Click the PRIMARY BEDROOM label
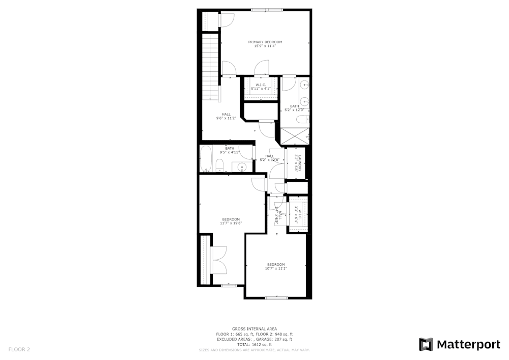coord(265,42)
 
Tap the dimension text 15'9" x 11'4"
coord(265,46)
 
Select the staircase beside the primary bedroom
coord(210,66)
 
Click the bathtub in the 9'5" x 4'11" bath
coord(205,159)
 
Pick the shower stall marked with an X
coord(295,136)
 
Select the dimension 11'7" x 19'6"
coord(231,223)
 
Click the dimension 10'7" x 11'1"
coord(276,269)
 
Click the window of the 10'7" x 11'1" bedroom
coord(277,298)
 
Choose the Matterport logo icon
coord(426,345)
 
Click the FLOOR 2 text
coord(19,349)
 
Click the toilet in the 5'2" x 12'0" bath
coord(301,120)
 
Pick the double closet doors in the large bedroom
coord(219,260)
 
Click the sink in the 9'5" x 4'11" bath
coord(241,166)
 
